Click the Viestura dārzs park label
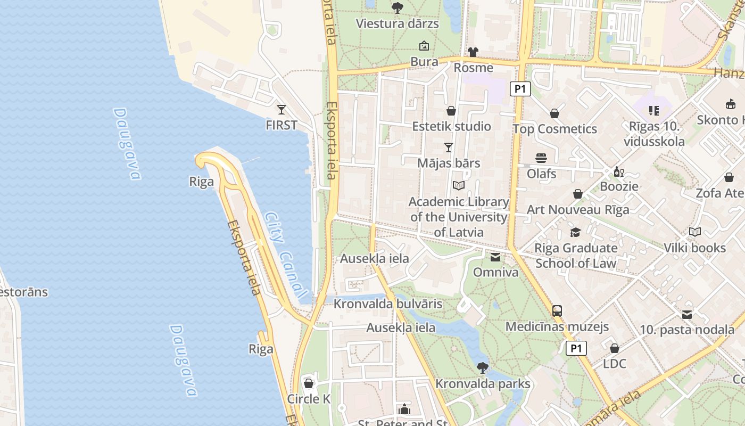click(x=397, y=23)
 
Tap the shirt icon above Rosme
click(x=473, y=52)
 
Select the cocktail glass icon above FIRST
click(x=282, y=110)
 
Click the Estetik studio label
click(x=451, y=126)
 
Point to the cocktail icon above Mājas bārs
click(x=449, y=147)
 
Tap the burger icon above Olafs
click(x=541, y=158)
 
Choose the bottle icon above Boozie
click(x=618, y=171)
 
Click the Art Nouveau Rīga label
click(x=578, y=209)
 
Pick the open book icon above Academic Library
click(x=459, y=185)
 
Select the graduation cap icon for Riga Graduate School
click(x=575, y=232)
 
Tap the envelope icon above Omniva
click(x=495, y=257)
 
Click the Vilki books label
click(x=694, y=248)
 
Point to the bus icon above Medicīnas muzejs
click(x=557, y=310)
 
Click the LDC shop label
click(x=615, y=364)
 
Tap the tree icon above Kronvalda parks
click(x=483, y=367)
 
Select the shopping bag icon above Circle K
click(x=309, y=383)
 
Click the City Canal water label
click(x=286, y=255)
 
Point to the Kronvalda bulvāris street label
click(x=388, y=304)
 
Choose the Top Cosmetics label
click(x=554, y=129)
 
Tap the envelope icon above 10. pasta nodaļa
click(x=687, y=314)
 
